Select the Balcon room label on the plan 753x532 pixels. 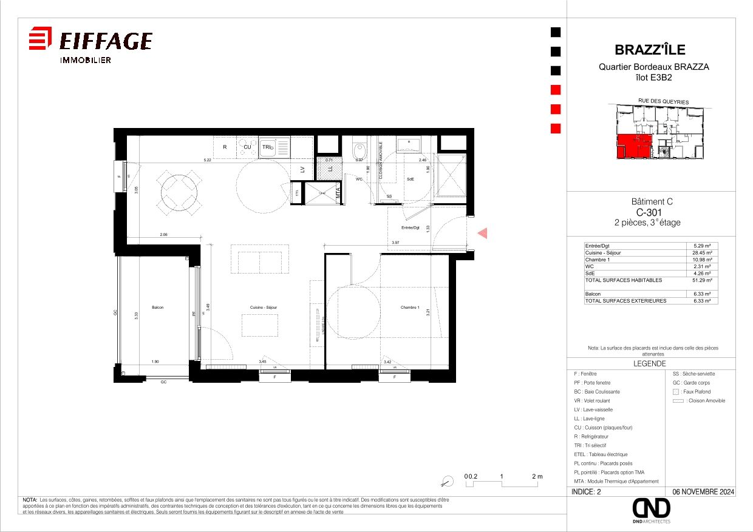click(158, 308)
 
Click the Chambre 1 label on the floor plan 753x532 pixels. click(410, 308)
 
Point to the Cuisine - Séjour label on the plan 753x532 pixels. click(264, 308)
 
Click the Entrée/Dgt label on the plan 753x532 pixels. click(411, 227)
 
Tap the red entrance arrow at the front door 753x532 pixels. click(482, 232)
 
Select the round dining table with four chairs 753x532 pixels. click(179, 193)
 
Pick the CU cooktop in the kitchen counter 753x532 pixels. click(247, 147)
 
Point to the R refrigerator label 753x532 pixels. click(225, 147)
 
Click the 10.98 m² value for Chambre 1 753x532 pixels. click(703, 260)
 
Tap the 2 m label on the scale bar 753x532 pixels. click(537, 477)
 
